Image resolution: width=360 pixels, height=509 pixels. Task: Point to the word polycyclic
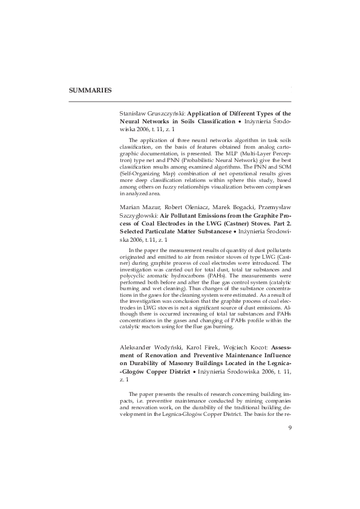point(133,274)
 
